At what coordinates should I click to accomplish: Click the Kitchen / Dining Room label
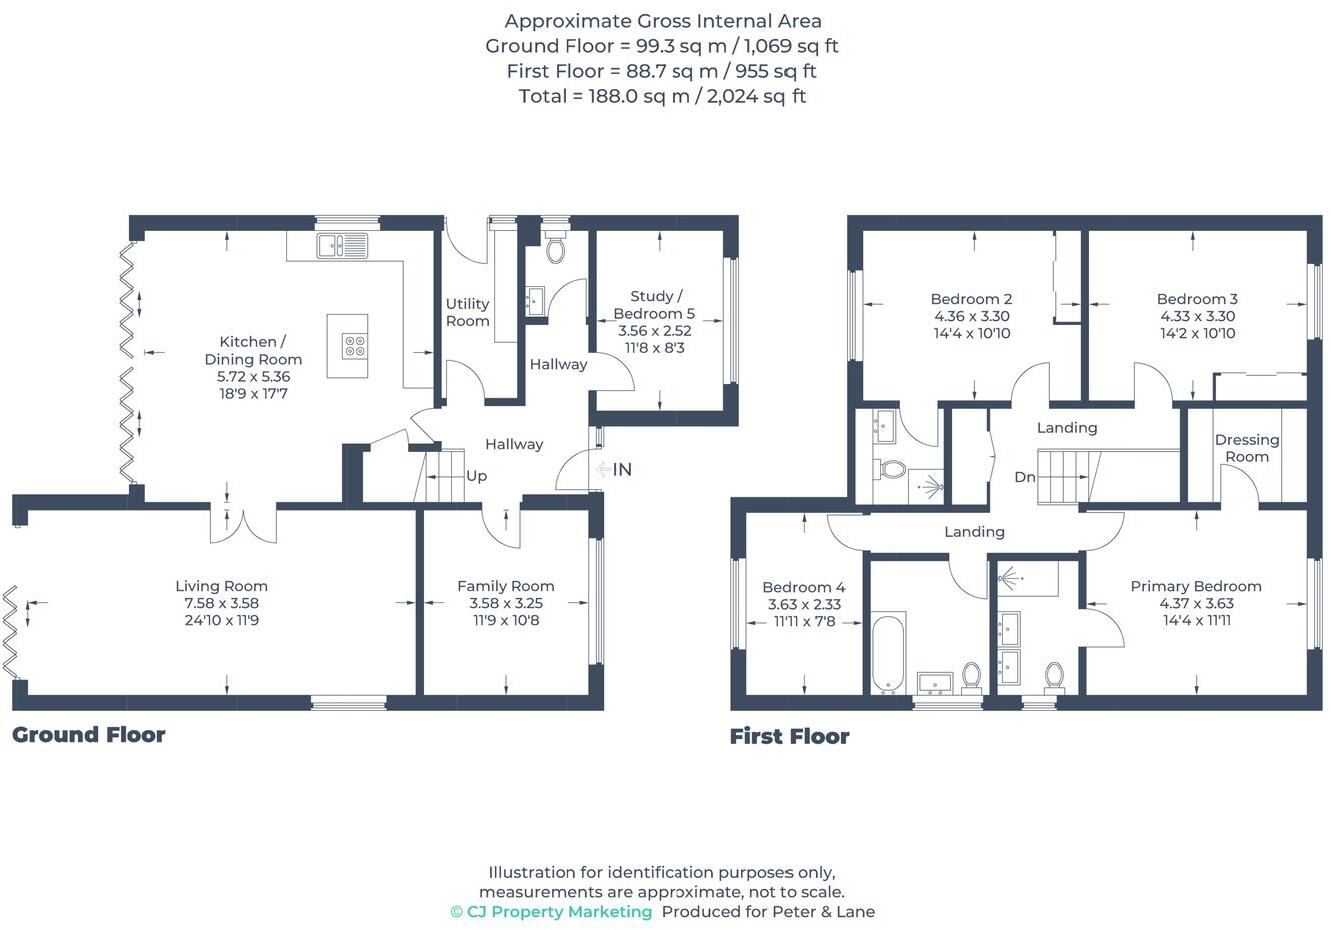[x=253, y=350]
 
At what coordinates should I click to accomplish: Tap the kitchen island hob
[x=354, y=346]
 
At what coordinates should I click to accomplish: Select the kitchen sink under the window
[x=341, y=244]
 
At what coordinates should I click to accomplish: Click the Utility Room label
[x=467, y=312]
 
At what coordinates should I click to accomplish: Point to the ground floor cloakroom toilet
[x=555, y=248]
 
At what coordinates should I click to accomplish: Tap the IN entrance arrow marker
[x=614, y=469]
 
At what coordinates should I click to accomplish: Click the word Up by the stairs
[x=477, y=476]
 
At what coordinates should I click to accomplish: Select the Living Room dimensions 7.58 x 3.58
[x=221, y=603]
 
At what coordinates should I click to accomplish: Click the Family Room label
[x=505, y=586]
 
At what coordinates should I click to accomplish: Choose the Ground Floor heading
[x=89, y=735]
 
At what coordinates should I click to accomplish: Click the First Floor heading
[x=789, y=737]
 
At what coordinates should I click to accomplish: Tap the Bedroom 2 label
[x=971, y=299]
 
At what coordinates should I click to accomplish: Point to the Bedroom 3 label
[x=1197, y=299]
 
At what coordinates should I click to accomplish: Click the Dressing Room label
[x=1246, y=448]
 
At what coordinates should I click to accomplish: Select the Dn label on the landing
[x=1024, y=477]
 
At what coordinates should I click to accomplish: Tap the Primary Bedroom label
[x=1195, y=586]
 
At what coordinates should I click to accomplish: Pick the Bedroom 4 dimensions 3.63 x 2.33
[x=804, y=604]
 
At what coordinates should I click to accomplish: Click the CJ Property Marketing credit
[x=551, y=912]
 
